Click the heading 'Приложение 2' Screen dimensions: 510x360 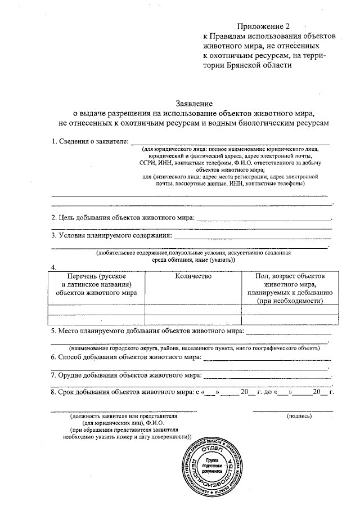(x=265, y=26)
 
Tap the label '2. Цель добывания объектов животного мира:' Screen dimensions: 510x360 (x=123, y=217)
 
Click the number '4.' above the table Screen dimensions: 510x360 (x=54, y=267)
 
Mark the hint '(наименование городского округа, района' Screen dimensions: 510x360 (x=191, y=348)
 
